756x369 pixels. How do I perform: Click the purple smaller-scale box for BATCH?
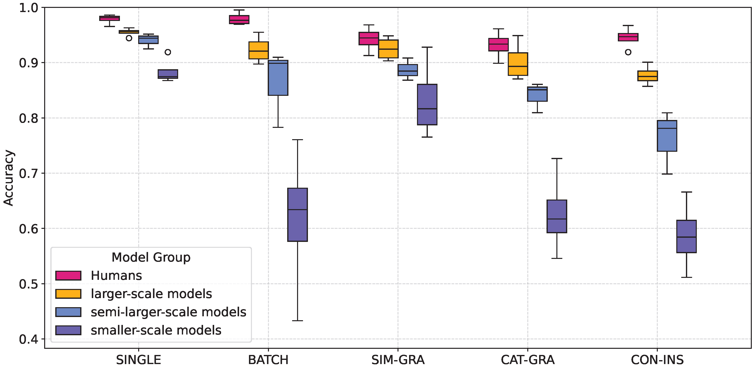[297, 215]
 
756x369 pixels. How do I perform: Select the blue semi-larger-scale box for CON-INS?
[667, 136]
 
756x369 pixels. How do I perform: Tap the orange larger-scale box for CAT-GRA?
[518, 64]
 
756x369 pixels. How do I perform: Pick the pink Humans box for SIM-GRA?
[369, 38]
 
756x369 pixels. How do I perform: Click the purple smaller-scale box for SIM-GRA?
[427, 104]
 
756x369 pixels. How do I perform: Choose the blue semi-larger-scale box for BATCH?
[278, 78]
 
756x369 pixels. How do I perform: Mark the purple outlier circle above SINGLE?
[168, 52]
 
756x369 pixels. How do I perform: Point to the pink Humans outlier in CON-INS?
[628, 52]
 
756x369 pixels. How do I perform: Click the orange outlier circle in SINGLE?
[129, 38]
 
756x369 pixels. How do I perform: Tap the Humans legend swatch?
[68, 275]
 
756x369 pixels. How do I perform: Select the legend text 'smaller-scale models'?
[156, 330]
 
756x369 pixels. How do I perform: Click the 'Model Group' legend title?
[151, 257]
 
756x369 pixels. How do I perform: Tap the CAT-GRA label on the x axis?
[527, 360]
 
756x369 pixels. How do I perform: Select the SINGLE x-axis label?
[138, 360]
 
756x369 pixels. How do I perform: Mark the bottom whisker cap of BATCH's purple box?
[297, 321]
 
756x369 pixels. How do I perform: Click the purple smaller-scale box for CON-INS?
[686, 236]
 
